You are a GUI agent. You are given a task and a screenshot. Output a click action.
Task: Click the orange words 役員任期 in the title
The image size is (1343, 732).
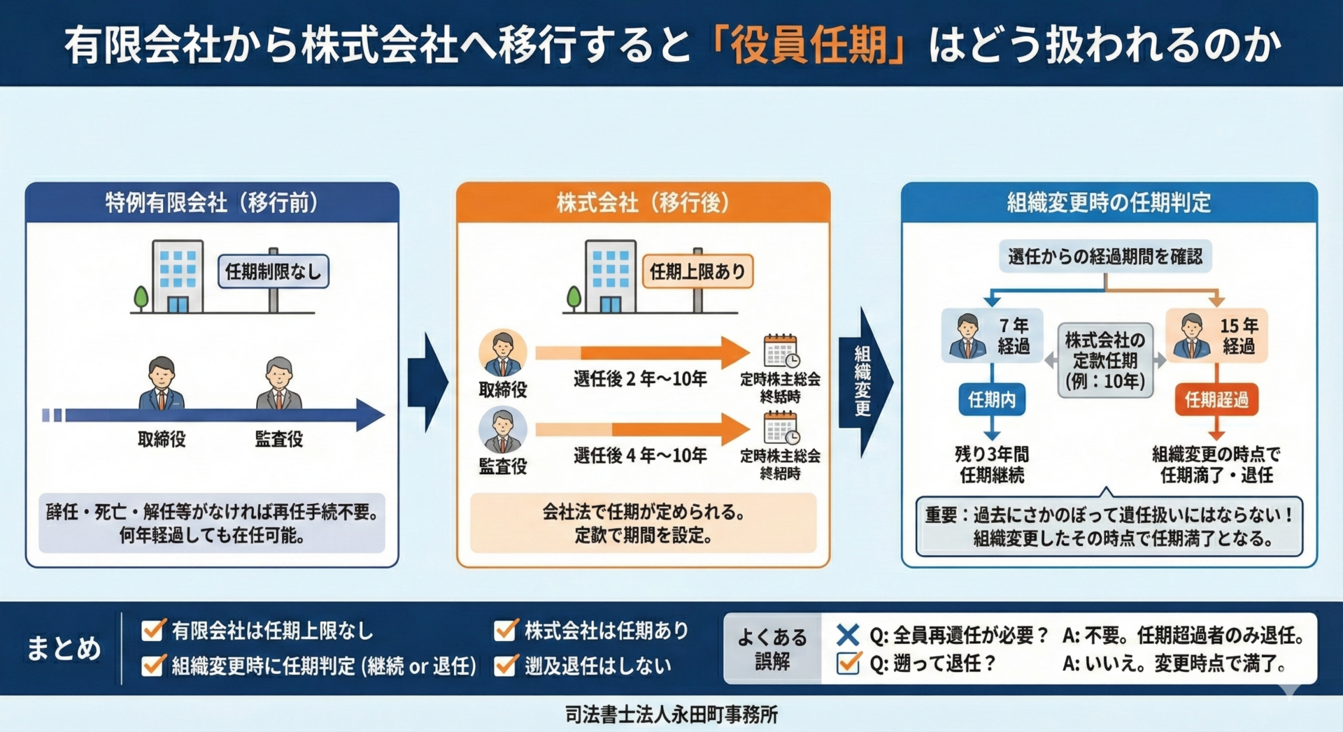pos(809,45)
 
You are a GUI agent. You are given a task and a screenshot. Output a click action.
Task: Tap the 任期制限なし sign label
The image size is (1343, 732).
pos(273,271)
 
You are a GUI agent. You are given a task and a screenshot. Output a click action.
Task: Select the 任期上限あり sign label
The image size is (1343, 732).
pos(697,271)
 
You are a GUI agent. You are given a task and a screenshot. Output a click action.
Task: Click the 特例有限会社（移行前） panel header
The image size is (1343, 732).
pos(212,203)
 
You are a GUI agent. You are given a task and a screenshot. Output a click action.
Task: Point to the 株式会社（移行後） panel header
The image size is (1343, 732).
pos(643,203)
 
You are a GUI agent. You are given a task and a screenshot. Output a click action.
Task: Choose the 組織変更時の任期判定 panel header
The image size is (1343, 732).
pos(1109,203)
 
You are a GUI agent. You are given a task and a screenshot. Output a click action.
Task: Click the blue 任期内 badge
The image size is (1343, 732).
pos(991,400)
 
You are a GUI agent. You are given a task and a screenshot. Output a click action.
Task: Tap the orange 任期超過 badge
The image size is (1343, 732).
pos(1216,400)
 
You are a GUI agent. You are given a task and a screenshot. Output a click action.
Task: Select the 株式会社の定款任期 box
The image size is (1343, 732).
pos(1104,360)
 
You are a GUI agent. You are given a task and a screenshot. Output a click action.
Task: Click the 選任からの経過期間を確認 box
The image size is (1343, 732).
pos(1105,257)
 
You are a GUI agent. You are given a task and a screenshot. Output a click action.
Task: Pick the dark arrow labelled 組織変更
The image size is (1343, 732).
pos(865,381)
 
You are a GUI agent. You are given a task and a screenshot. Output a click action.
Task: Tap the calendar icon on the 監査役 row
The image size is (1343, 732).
pos(781,428)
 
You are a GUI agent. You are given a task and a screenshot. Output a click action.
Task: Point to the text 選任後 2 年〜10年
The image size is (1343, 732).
pos(640,379)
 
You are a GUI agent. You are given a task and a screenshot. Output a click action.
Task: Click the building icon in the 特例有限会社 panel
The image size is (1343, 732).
pos(177,276)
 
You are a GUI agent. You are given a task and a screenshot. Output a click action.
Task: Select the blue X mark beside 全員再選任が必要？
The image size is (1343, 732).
pos(848,635)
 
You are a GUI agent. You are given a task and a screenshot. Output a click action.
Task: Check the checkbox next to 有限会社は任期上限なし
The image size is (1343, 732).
pos(153,631)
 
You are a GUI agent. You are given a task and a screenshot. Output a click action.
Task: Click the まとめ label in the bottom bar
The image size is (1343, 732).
pos(64,648)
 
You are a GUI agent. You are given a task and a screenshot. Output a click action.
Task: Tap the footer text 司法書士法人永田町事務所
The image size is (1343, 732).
pos(671,715)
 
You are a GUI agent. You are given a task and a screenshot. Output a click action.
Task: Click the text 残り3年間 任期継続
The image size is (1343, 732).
pos(991,464)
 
